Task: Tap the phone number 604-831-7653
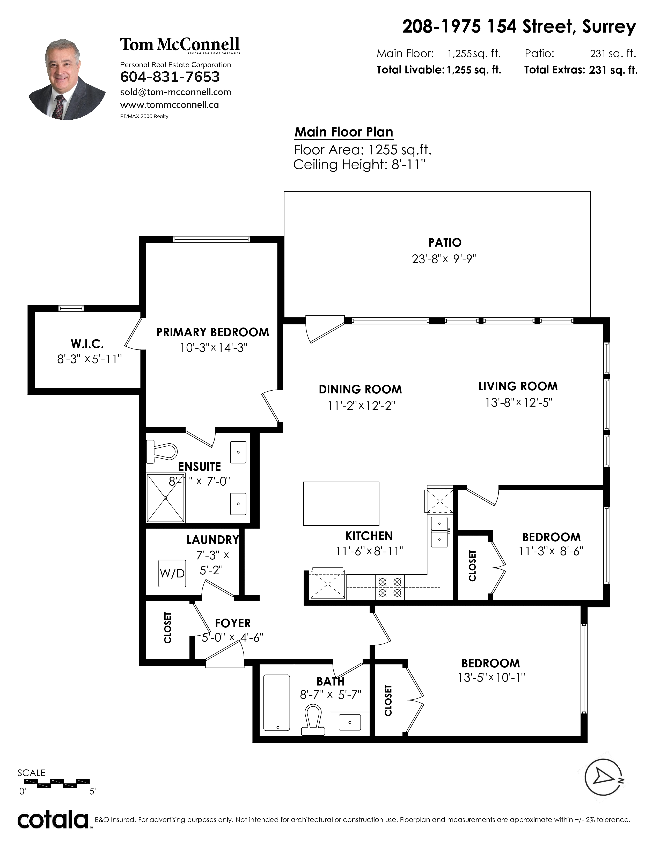click(x=170, y=77)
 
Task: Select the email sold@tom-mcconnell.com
click(x=175, y=92)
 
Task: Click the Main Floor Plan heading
click(x=344, y=132)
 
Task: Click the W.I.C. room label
click(x=87, y=344)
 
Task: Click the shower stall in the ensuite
click(x=165, y=498)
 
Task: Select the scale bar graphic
click(x=57, y=783)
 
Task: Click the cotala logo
click(x=53, y=820)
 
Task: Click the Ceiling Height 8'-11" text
click(x=359, y=164)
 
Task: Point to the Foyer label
click(x=233, y=623)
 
